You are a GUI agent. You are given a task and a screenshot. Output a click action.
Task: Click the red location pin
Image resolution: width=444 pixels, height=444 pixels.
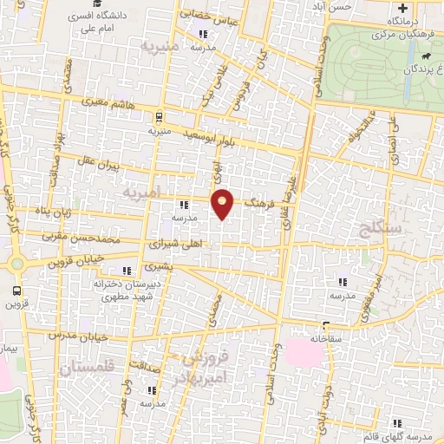pyautogui.click(x=223, y=203)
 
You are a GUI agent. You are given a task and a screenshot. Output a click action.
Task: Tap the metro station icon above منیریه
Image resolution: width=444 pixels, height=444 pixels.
pyautogui.click(x=159, y=117)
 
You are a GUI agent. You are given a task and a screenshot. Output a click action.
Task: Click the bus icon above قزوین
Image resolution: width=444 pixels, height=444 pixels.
pyautogui.click(x=17, y=291)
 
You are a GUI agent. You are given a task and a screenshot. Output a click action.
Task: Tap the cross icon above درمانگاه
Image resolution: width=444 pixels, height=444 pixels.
pyautogui.click(x=427, y=8)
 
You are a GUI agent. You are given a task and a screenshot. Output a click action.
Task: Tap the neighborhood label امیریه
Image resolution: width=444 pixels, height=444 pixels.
pyautogui.click(x=140, y=191)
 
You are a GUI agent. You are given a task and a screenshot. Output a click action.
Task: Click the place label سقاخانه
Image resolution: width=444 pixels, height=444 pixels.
pyautogui.click(x=332, y=336)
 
